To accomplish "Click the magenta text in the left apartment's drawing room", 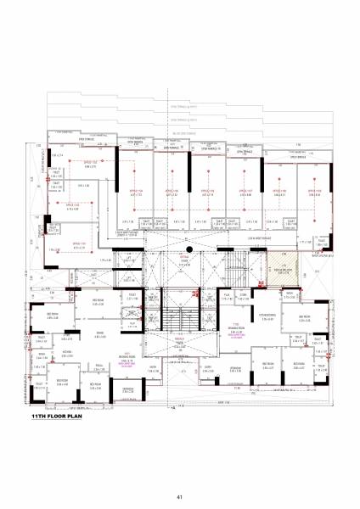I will point(130,363).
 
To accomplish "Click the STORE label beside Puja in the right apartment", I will point(243,296).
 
